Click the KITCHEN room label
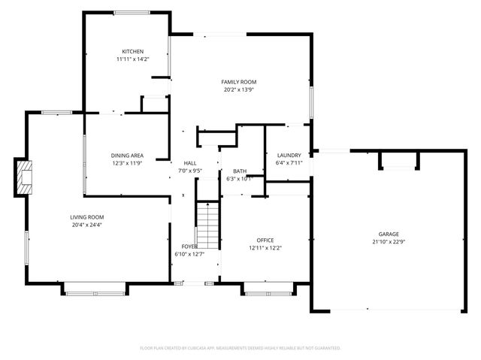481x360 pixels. (133, 51)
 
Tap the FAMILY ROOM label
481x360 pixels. (239, 81)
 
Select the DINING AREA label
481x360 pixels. (128, 156)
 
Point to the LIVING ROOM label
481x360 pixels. (87, 216)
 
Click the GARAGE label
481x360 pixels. (389, 234)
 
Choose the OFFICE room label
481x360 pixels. (265, 240)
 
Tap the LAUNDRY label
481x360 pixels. (289, 155)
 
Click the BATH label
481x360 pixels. (240, 171)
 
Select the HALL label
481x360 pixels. (190, 163)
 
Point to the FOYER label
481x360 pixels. (190, 247)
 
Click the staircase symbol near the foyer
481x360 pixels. (208, 225)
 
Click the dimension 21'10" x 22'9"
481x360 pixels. (389, 241)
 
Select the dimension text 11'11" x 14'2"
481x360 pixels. (133, 59)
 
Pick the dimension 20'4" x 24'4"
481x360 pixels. (87, 224)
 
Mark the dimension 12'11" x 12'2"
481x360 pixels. (265, 247)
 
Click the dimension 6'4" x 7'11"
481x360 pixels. (289, 162)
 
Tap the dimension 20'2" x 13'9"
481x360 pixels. (239, 89)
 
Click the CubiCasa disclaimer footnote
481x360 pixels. (240, 348)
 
